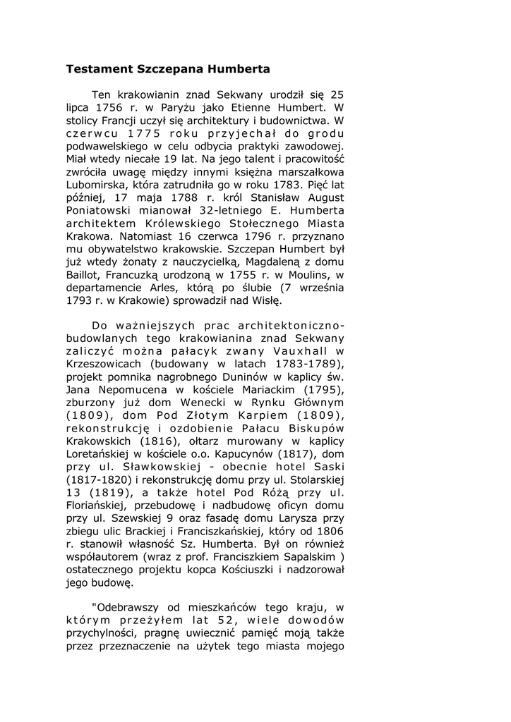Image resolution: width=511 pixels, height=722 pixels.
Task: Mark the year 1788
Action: point(184,198)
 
